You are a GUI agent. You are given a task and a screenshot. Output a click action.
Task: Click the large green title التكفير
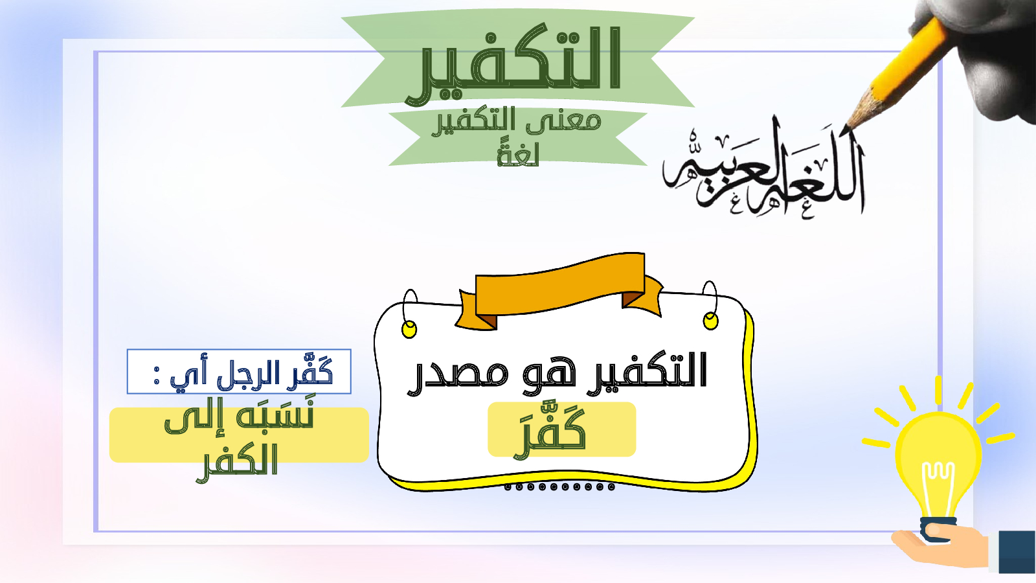click(513, 64)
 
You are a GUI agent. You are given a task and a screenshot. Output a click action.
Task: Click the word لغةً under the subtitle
click(518, 155)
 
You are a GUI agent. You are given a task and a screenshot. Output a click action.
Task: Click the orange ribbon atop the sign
click(559, 291)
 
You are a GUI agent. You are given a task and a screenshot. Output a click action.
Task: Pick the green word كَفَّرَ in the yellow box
click(550, 430)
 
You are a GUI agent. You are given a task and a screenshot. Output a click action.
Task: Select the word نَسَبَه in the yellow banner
click(275, 417)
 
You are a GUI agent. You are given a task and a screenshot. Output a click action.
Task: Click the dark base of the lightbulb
click(938, 529)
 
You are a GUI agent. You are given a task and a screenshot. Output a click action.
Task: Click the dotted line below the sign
click(559, 486)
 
